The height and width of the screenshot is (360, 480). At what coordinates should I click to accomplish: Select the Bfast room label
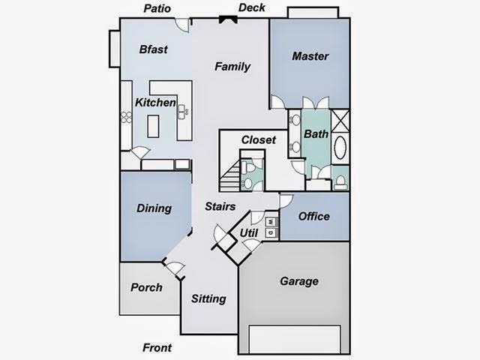point(153,50)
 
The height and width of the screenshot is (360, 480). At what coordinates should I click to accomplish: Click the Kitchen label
point(155,103)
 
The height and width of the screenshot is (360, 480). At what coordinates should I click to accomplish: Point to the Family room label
point(232,67)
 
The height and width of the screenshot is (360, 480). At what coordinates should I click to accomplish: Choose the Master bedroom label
point(310,56)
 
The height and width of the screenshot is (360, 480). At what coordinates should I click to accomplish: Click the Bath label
point(316,134)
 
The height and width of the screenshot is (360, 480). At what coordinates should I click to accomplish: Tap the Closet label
point(259,140)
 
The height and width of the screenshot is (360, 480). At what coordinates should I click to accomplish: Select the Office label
point(313,217)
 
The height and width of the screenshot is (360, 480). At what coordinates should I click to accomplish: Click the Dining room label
point(154,208)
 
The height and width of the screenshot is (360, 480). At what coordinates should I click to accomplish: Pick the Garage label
point(299,282)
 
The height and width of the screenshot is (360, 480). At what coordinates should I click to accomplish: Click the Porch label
point(146,287)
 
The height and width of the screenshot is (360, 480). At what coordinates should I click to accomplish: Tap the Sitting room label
point(208,299)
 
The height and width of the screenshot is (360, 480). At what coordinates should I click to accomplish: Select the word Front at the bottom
point(157,348)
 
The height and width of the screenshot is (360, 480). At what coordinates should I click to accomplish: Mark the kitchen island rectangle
point(154,126)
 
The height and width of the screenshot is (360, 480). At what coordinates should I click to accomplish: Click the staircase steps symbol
point(231,177)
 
